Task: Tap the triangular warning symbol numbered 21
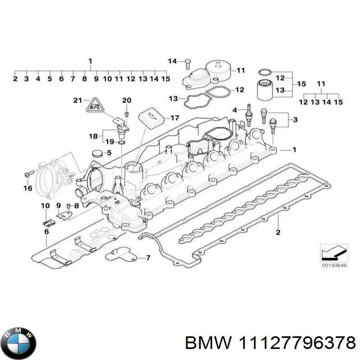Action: pos(94,106)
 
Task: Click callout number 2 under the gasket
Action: pos(278,232)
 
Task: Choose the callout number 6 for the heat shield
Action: pos(46,231)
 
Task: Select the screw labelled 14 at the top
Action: pos(187,64)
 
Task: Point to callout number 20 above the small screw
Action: pos(126,100)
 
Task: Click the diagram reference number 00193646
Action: pos(333,265)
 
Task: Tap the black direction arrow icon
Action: pos(333,252)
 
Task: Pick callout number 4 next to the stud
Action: pos(235,110)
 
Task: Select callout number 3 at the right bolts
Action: pos(295,120)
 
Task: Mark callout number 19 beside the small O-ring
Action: pos(109,142)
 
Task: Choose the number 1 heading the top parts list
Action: pos(90,61)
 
